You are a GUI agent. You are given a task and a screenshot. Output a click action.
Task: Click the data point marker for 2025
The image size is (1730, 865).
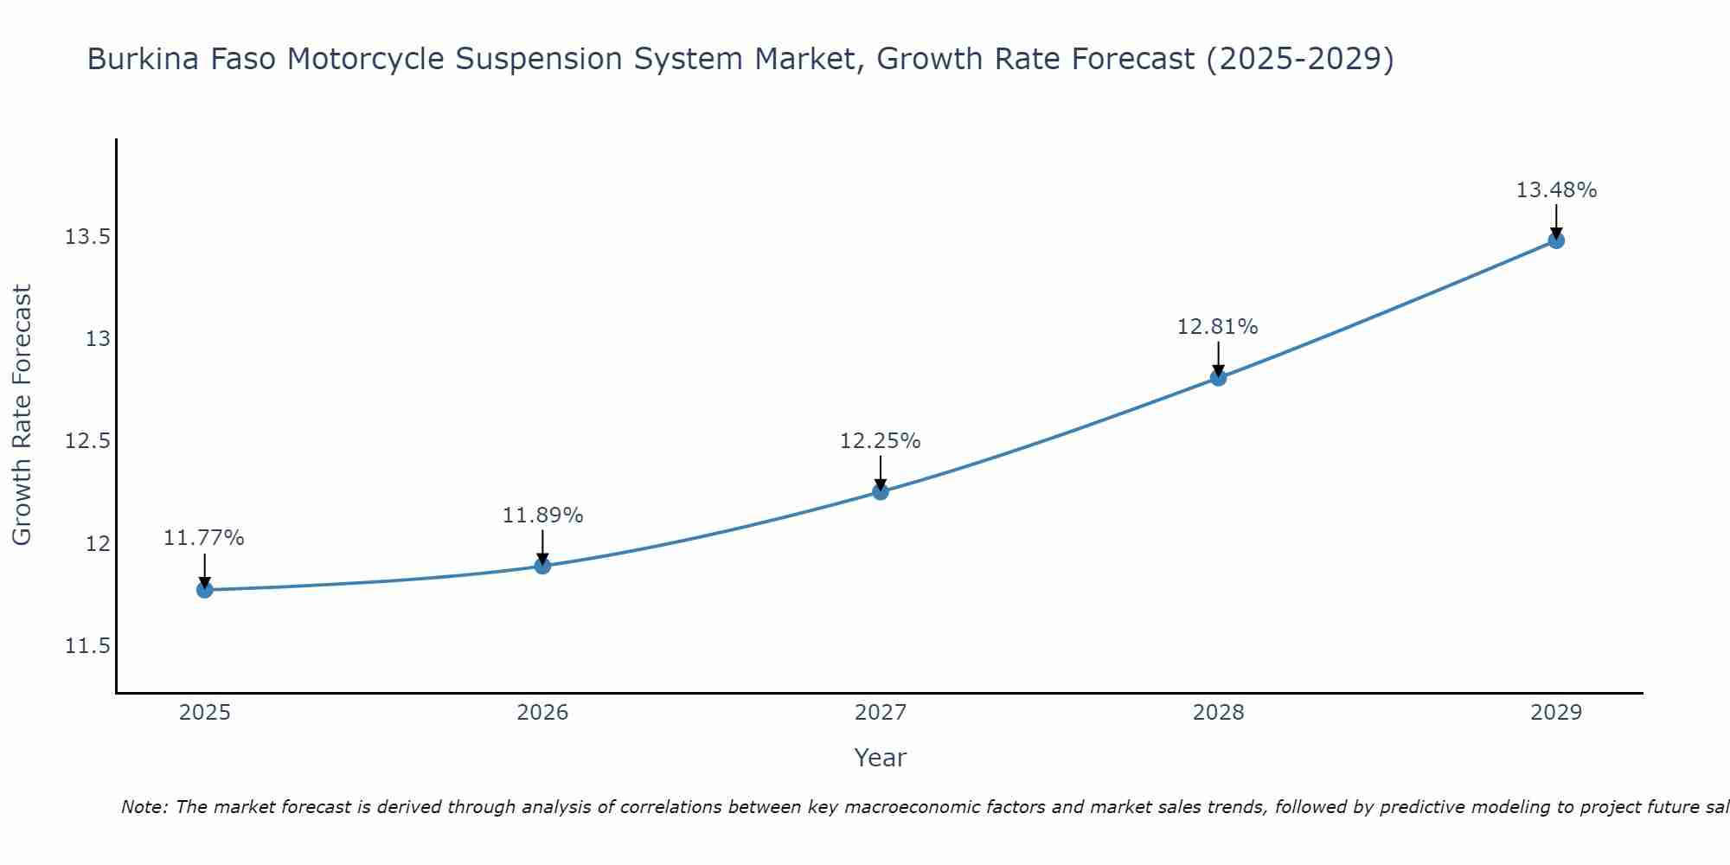(x=205, y=590)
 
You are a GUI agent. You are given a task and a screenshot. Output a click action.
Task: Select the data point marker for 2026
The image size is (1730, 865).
(x=542, y=566)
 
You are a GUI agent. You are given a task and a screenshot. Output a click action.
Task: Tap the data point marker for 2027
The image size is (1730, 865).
(x=881, y=491)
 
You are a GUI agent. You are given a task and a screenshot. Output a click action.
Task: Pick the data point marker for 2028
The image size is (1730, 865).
(x=1218, y=377)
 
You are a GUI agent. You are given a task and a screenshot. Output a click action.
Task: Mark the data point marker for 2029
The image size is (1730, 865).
(x=1556, y=240)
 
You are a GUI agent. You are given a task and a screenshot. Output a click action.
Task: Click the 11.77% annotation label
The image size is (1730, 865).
(x=204, y=538)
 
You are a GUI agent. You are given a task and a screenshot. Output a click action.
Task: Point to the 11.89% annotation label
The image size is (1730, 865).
(x=542, y=516)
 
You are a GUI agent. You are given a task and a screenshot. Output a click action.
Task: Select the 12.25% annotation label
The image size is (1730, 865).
(x=881, y=441)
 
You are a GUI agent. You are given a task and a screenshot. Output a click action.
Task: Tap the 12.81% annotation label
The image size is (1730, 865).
(x=1218, y=327)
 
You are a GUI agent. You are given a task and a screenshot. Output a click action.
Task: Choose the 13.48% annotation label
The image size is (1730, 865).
(x=1556, y=190)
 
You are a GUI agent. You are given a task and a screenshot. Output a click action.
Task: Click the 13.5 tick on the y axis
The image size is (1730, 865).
(x=87, y=237)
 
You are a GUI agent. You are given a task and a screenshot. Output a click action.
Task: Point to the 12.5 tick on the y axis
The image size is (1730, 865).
(x=87, y=442)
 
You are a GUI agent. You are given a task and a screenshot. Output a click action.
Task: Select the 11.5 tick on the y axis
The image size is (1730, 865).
(x=87, y=647)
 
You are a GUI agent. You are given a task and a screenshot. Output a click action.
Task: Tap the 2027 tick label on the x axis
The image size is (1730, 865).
(x=881, y=713)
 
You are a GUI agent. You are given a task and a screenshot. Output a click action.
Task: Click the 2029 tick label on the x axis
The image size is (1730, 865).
(x=1556, y=713)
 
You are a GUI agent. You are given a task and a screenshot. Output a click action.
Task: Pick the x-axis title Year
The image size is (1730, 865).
(x=881, y=758)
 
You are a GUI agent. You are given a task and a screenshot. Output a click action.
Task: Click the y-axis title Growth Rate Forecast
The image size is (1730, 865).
(x=22, y=415)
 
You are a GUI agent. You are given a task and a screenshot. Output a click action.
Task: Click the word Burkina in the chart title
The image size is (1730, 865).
(x=138, y=60)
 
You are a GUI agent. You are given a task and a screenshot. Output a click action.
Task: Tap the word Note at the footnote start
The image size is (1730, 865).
(x=144, y=807)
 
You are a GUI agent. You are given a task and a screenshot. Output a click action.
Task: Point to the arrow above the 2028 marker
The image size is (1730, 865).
(x=1218, y=356)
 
